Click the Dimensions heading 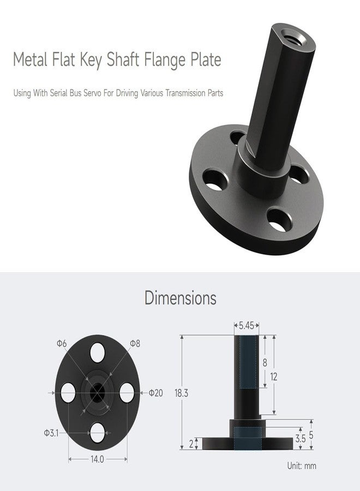click(180, 298)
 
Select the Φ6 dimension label click(62, 343)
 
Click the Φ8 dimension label click(135, 343)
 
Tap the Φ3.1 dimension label click(52, 433)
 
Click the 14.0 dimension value click(97, 459)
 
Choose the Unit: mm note click(302, 466)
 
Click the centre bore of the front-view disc click(98, 391)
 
